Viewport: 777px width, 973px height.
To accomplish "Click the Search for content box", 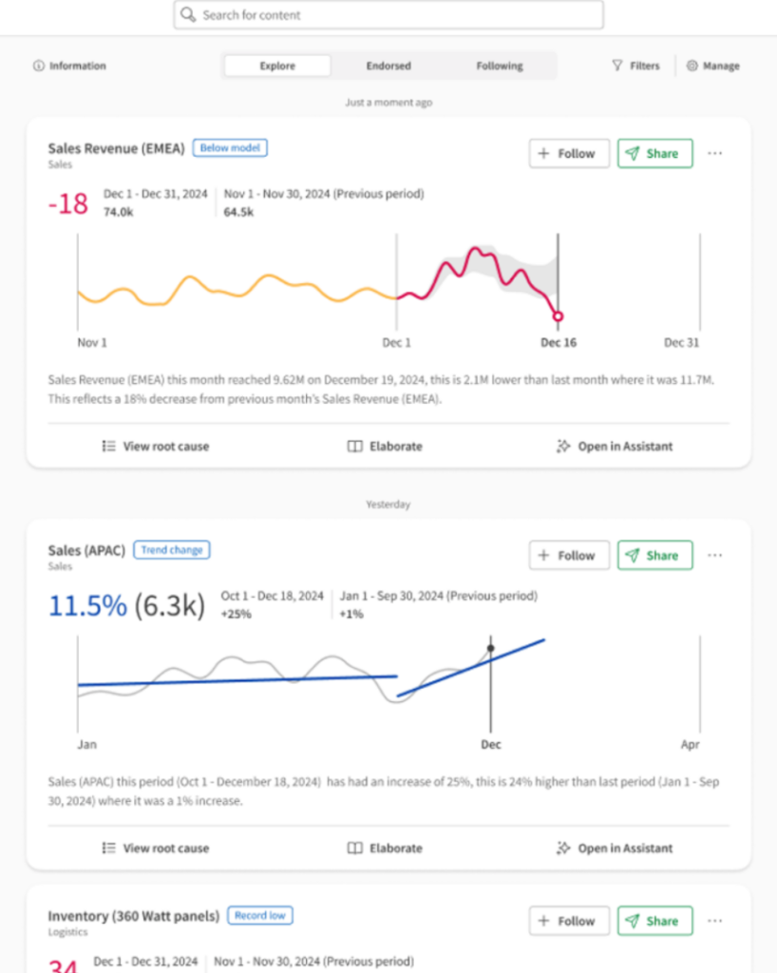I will click(388, 15).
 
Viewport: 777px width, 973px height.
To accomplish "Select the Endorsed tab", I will click(388, 67).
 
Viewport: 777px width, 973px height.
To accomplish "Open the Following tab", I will click(500, 67).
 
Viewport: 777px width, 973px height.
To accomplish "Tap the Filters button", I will click(636, 67).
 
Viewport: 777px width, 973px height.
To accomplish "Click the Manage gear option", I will click(712, 67).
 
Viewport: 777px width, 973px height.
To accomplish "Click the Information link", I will click(69, 67).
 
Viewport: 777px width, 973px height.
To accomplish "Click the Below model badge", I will click(231, 148).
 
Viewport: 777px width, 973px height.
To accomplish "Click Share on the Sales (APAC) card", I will click(654, 555).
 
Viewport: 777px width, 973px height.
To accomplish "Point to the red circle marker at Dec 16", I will click(558, 316).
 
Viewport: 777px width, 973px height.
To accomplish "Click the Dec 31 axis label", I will click(681, 343).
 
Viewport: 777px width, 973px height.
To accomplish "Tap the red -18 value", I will click(67, 203).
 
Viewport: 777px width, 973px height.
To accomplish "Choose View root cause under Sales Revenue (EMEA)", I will click(156, 447).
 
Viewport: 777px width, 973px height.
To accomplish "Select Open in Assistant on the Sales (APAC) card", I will click(615, 849).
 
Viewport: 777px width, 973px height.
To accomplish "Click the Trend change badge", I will click(172, 550).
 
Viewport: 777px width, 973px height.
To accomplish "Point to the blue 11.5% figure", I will click(87, 605).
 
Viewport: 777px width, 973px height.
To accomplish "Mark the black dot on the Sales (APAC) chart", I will click(491, 648).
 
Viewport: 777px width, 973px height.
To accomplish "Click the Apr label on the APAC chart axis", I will click(690, 745).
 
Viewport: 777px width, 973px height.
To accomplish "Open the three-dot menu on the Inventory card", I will click(715, 921).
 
